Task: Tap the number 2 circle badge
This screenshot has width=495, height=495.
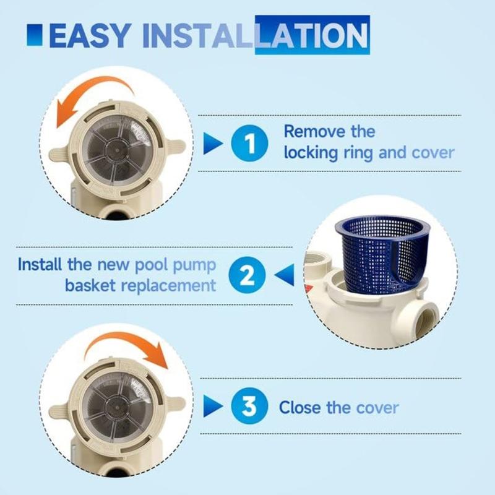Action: coord(247,275)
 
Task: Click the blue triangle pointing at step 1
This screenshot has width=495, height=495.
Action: coord(213,143)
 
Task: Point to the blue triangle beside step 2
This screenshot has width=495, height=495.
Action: coord(283,275)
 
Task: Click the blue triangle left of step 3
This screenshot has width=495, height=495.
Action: coord(213,407)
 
